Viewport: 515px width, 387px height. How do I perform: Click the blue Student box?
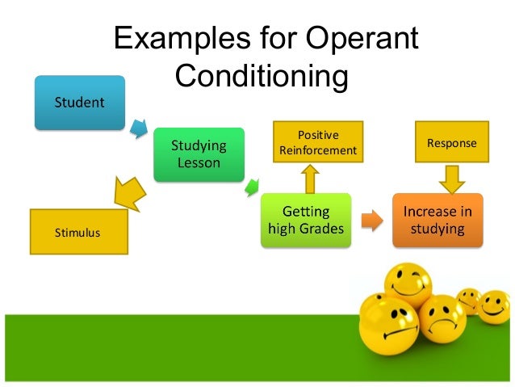coord(79,103)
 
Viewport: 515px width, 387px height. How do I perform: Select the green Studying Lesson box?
coord(199,154)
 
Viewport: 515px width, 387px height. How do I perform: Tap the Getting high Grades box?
coord(306,221)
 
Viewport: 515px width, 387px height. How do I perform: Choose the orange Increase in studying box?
coord(437,220)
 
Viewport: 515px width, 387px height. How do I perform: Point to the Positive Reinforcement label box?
coord(317,142)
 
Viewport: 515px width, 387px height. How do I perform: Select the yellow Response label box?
coord(451,143)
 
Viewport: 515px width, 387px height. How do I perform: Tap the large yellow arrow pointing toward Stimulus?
coord(128,191)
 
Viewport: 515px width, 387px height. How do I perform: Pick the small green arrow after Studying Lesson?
coord(251,188)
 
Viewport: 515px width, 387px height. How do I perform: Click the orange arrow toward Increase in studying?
coord(371,219)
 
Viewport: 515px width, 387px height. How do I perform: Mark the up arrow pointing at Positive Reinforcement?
coord(308,178)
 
